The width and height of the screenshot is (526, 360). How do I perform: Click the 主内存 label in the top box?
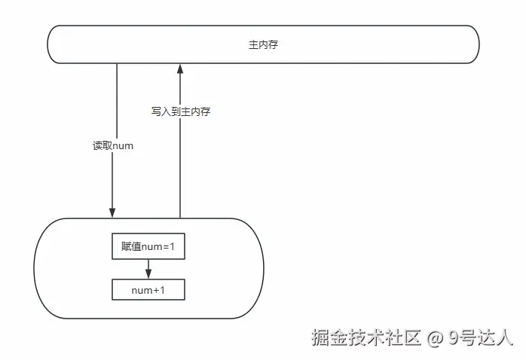(x=263, y=45)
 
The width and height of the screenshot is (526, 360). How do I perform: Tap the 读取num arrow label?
(x=113, y=145)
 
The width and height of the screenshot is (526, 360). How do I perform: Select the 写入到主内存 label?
(x=180, y=111)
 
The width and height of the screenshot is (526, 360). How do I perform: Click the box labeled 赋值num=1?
(x=148, y=246)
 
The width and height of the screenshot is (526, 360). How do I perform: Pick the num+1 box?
(x=148, y=290)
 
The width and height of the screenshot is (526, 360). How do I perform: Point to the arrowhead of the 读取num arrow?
(x=112, y=212)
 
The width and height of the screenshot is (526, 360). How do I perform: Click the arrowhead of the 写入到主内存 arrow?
(x=180, y=70)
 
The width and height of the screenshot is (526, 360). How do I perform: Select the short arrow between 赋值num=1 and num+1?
(x=148, y=268)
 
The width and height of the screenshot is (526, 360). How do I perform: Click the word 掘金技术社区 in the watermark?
(x=365, y=338)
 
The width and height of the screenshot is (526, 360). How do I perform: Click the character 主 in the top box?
(x=253, y=45)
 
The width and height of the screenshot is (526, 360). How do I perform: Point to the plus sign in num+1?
(x=156, y=291)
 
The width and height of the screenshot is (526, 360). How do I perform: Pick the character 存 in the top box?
(x=273, y=45)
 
